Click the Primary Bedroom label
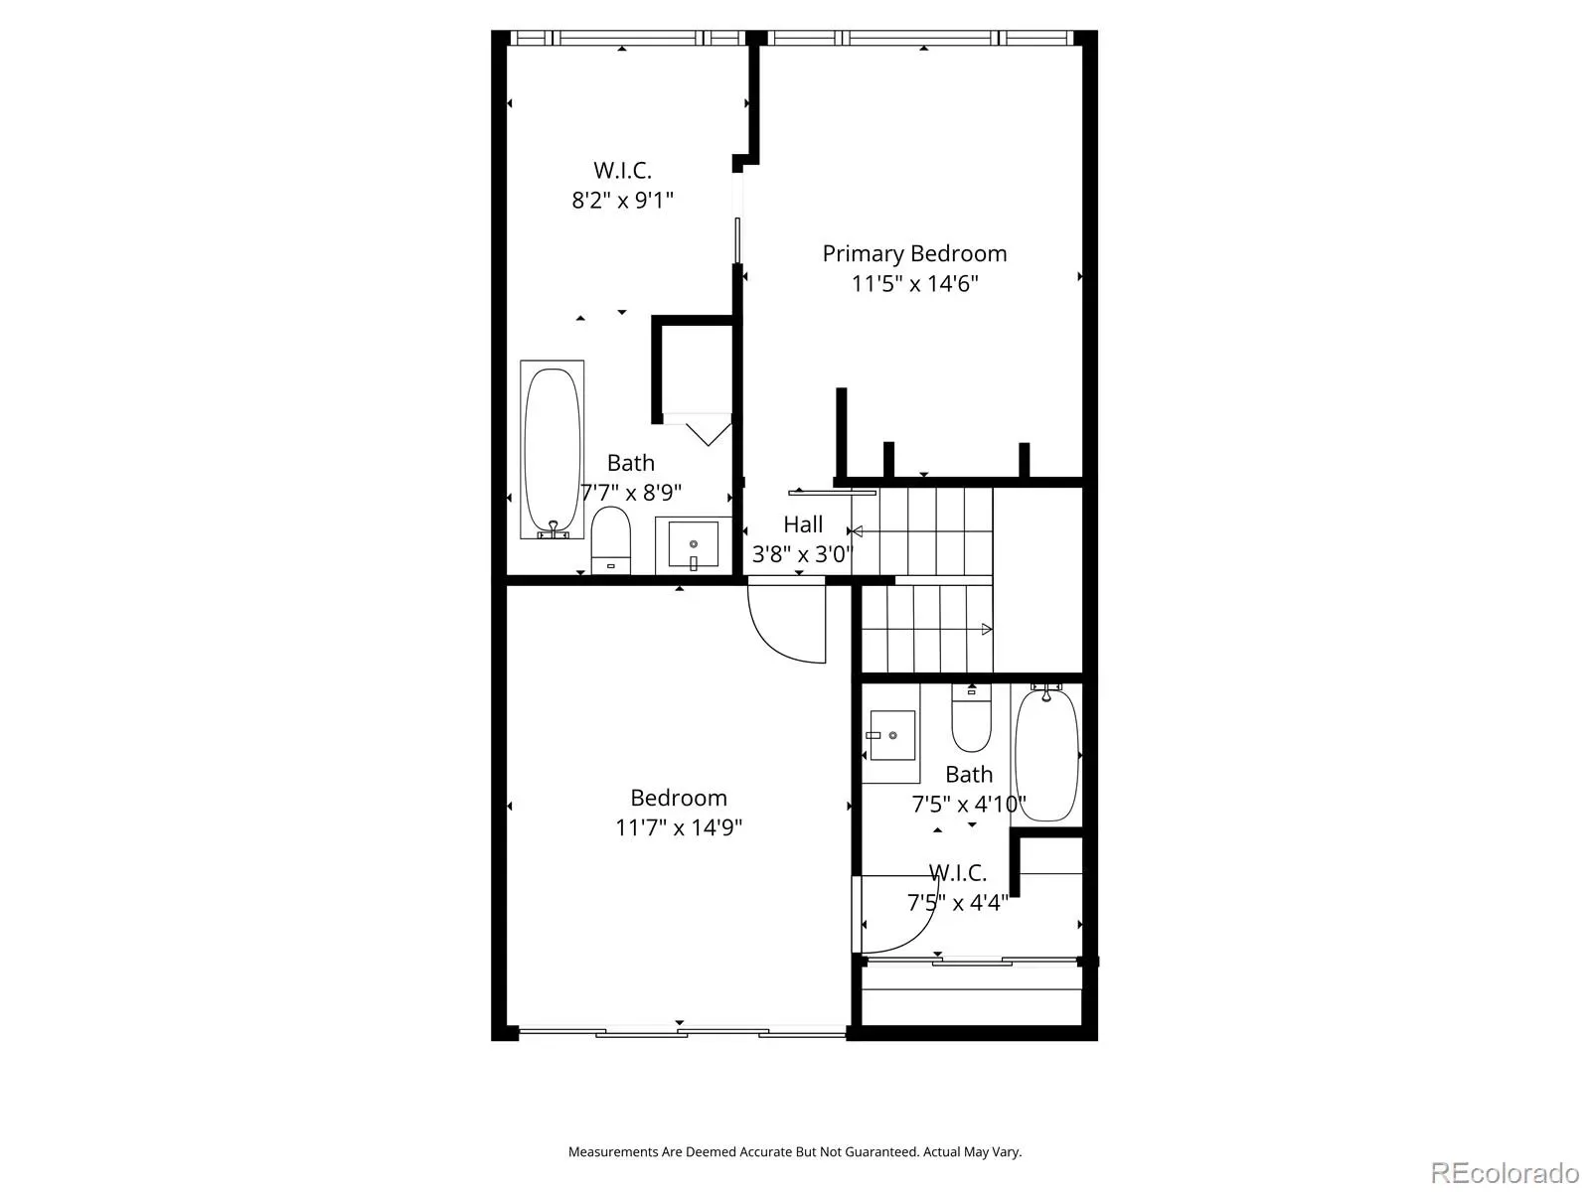[914, 254]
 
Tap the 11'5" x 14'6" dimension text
[914, 284]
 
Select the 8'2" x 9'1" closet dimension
[622, 200]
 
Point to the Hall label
[803, 524]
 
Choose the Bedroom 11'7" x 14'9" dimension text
[679, 827]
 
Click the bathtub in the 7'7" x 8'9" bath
[552, 449]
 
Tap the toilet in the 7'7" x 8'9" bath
[610, 540]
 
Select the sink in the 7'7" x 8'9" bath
[694, 544]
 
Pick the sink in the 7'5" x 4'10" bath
[891, 735]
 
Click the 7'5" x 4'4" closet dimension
[958, 903]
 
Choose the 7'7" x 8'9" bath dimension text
[632, 493]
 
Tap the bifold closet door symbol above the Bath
[708, 433]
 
